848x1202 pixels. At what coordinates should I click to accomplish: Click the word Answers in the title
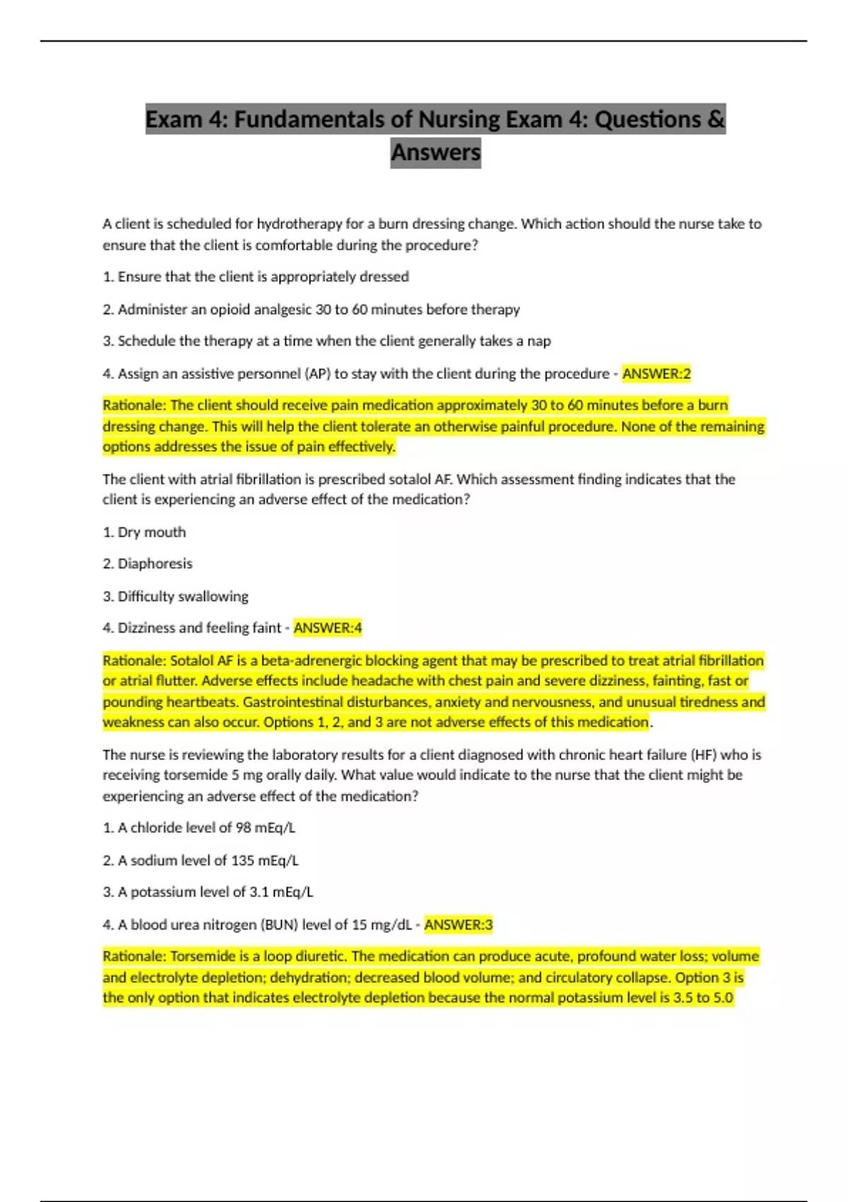pos(435,152)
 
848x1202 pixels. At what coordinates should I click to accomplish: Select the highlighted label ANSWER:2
pos(656,373)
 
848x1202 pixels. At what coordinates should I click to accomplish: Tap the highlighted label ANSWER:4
pos(328,628)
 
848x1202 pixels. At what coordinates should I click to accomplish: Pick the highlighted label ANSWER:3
pos(459,925)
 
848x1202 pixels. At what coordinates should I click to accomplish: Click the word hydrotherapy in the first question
pos(299,224)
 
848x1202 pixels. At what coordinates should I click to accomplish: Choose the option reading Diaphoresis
pos(155,564)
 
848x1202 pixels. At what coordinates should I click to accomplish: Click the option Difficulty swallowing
pos(182,596)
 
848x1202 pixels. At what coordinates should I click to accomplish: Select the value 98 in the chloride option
pos(243,828)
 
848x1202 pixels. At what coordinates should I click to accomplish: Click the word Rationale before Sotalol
pos(134,660)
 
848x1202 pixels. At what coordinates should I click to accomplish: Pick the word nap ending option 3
pos(539,342)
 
